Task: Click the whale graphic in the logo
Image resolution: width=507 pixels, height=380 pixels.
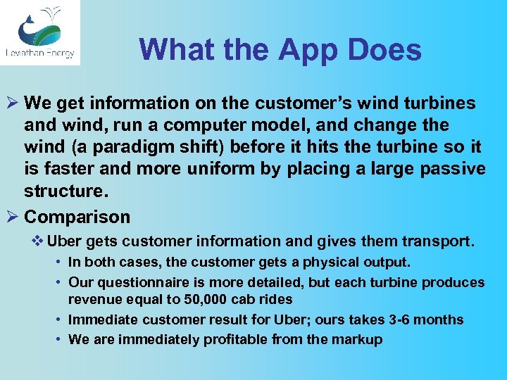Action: (x=35, y=28)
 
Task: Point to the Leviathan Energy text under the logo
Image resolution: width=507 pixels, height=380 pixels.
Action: (x=39, y=53)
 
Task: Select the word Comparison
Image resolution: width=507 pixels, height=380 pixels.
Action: (x=77, y=217)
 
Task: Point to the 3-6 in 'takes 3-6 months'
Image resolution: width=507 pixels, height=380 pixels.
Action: (x=401, y=320)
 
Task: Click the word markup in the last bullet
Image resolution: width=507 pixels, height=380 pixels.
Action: (x=356, y=340)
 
